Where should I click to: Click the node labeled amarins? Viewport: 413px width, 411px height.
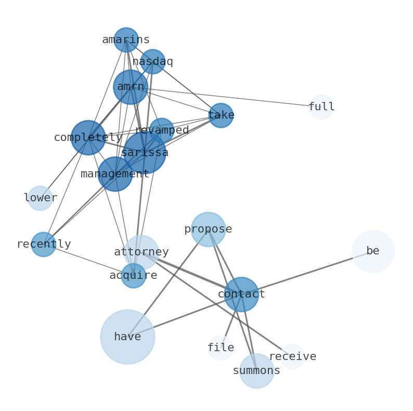[126, 40]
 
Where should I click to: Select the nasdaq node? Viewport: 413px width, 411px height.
[152, 62]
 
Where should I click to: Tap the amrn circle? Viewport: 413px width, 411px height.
[131, 87]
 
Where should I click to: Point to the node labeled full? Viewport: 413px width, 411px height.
[321, 107]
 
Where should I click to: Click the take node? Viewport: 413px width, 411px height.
[221, 115]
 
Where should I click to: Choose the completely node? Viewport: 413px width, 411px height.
[88, 138]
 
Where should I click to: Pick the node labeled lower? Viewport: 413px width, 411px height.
[40, 198]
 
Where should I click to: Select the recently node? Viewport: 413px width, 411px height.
[44, 245]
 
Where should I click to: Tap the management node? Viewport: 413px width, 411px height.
[115, 174]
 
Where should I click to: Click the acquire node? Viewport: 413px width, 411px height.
[134, 276]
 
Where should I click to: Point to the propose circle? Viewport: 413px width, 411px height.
[208, 229]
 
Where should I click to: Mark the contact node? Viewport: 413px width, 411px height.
[241, 294]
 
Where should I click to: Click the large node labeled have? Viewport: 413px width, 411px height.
[127, 337]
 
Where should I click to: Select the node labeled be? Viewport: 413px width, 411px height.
[373, 251]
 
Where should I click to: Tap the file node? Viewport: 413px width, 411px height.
[221, 348]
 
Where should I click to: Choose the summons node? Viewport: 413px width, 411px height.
[256, 371]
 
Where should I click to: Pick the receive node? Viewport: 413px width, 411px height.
[292, 357]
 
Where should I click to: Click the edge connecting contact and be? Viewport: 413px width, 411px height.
[307, 273]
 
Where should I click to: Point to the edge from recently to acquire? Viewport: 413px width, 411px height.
[88, 260]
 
